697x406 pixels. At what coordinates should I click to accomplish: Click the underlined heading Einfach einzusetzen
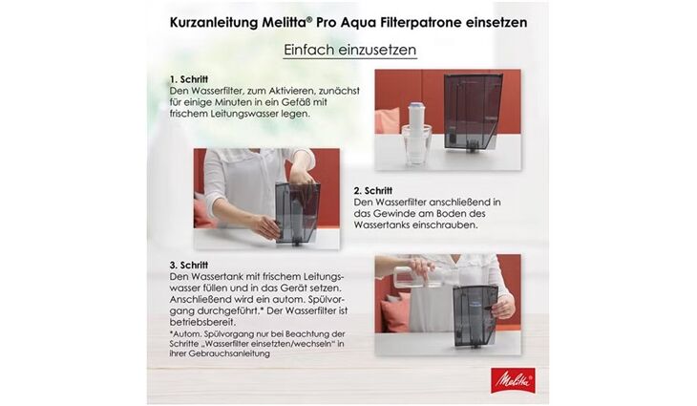[x=349, y=50]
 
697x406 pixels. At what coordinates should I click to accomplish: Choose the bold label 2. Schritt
[x=372, y=190]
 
